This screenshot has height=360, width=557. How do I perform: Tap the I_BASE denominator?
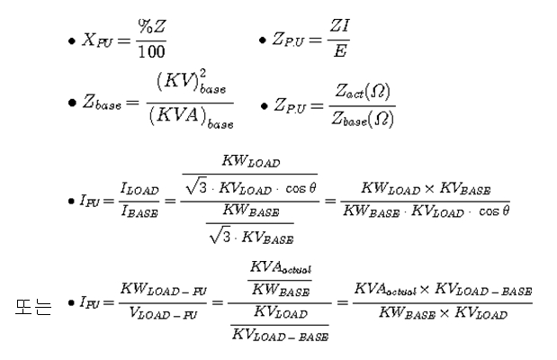click(140, 210)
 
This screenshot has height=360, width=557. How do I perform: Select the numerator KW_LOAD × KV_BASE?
click(436, 190)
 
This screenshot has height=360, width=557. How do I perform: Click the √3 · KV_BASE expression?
click(251, 237)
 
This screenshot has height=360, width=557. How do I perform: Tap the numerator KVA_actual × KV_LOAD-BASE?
click(443, 291)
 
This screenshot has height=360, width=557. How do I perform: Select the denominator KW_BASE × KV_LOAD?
click(443, 314)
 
